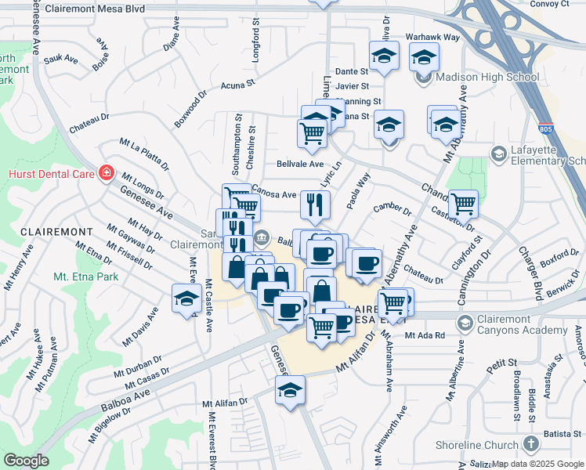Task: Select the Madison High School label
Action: point(487,78)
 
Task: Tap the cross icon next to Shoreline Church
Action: point(532,445)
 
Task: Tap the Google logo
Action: point(26,461)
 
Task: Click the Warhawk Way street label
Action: point(432,37)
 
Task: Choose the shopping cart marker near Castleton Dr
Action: point(463,204)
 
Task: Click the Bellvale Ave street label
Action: point(300,164)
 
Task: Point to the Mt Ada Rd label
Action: point(425,335)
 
